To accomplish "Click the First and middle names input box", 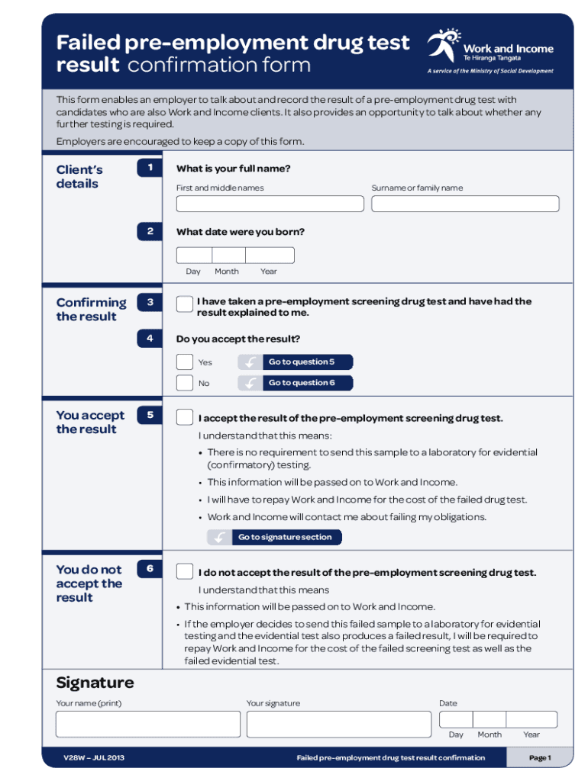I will click(x=270, y=204).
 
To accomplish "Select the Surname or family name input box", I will click(x=465, y=204).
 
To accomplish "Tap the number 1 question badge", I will click(x=150, y=168).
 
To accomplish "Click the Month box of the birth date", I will click(x=228, y=256).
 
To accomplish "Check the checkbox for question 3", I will click(x=185, y=304).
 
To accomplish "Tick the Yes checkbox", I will click(x=185, y=362).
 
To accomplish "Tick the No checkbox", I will click(x=185, y=382).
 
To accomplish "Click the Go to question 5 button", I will click(x=296, y=362).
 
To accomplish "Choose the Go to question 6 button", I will click(x=296, y=382).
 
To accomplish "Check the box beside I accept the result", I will click(x=185, y=417).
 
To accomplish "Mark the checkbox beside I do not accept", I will click(x=185, y=571).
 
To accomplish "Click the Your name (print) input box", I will click(x=147, y=724).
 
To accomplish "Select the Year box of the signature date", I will click(x=531, y=719).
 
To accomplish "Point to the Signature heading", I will click(x=95, y=682).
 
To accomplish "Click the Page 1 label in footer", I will click(x=539, y=757).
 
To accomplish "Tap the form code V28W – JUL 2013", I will click(x=93, y=757).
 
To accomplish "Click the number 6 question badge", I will click(x=150, y=569).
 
